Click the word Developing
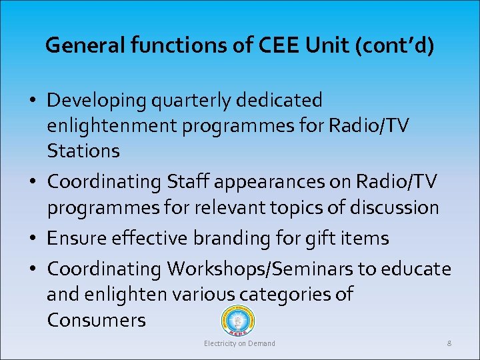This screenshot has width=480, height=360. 97,101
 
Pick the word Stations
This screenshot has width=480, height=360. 83,151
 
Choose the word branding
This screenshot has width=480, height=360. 243,238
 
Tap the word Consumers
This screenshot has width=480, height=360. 96,320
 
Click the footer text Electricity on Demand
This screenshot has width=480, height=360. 239,343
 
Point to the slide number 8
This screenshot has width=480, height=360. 449,343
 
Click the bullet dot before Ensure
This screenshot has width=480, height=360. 33,239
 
